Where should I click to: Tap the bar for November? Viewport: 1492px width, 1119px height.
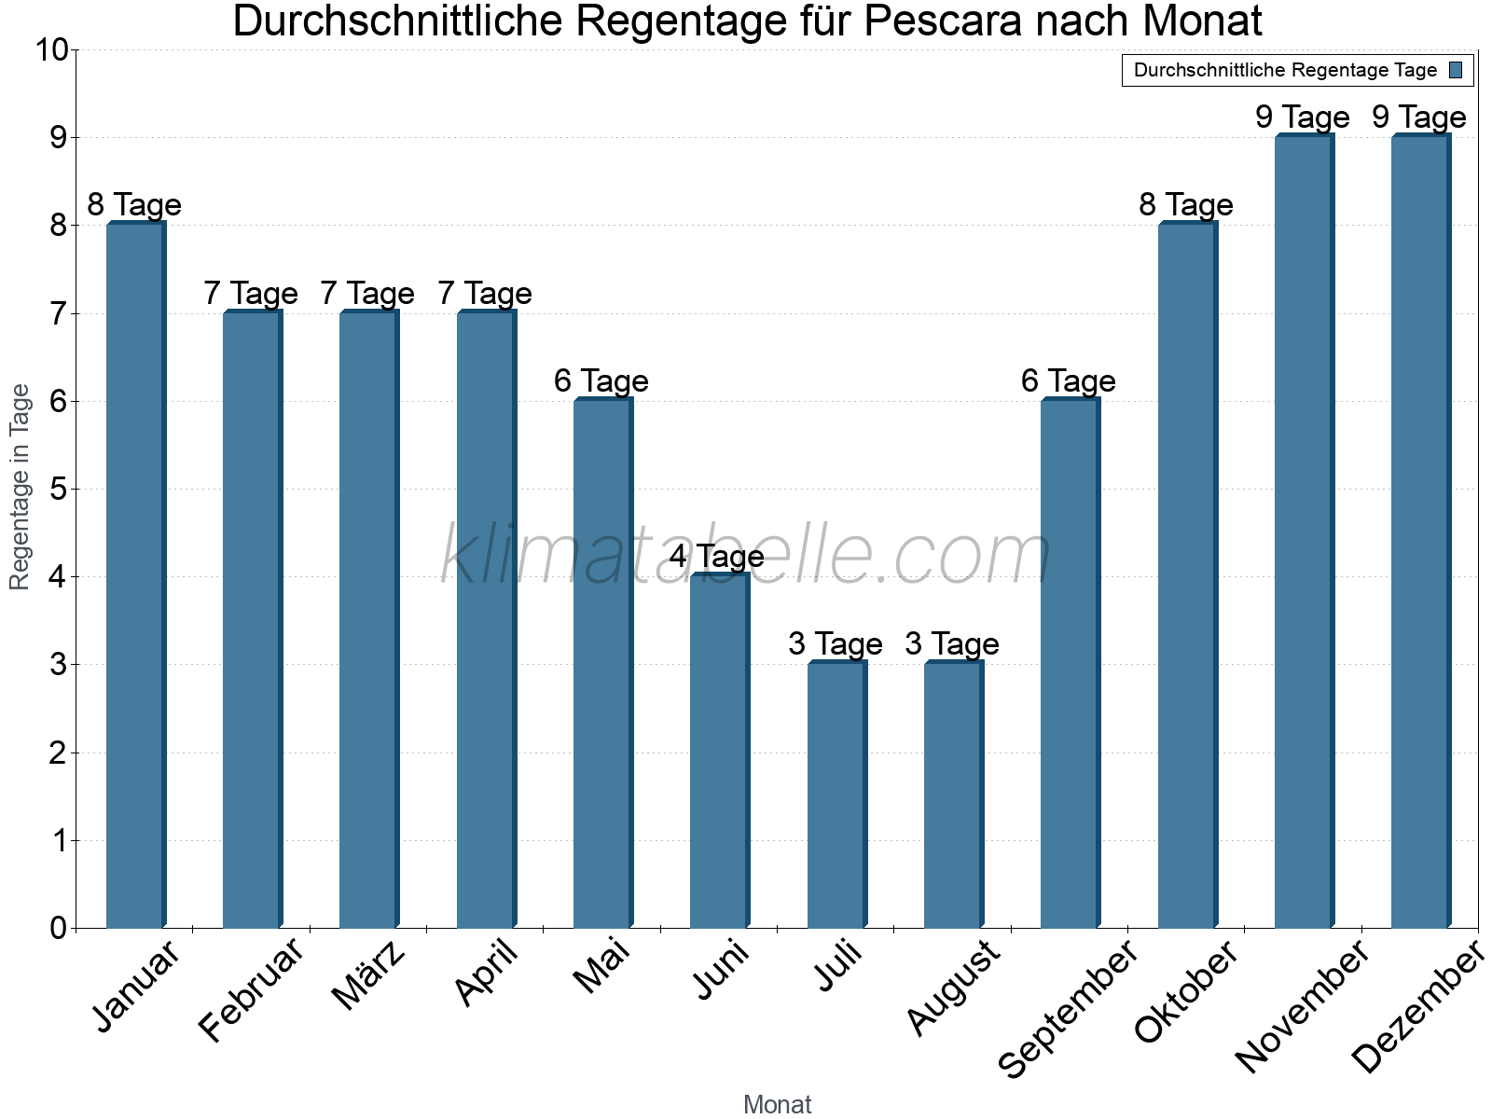1304,531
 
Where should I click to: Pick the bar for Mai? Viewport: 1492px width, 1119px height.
602,662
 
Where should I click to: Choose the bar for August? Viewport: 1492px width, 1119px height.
953,794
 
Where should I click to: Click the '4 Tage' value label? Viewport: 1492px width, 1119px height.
717,557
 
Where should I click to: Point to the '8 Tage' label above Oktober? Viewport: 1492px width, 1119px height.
1186,205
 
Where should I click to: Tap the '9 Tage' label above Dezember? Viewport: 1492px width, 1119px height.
1419,117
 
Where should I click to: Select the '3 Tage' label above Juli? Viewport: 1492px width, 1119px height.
835,644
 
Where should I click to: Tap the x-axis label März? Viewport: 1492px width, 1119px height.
369,976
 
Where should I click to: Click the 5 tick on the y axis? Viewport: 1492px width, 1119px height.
59,490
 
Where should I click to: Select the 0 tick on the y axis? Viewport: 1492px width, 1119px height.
59,929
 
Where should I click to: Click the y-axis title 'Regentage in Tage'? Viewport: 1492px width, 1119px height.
20,487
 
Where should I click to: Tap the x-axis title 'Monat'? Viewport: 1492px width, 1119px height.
777,1105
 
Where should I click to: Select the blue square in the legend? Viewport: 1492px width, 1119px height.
1457,70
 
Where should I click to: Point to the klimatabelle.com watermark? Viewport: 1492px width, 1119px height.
746,556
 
